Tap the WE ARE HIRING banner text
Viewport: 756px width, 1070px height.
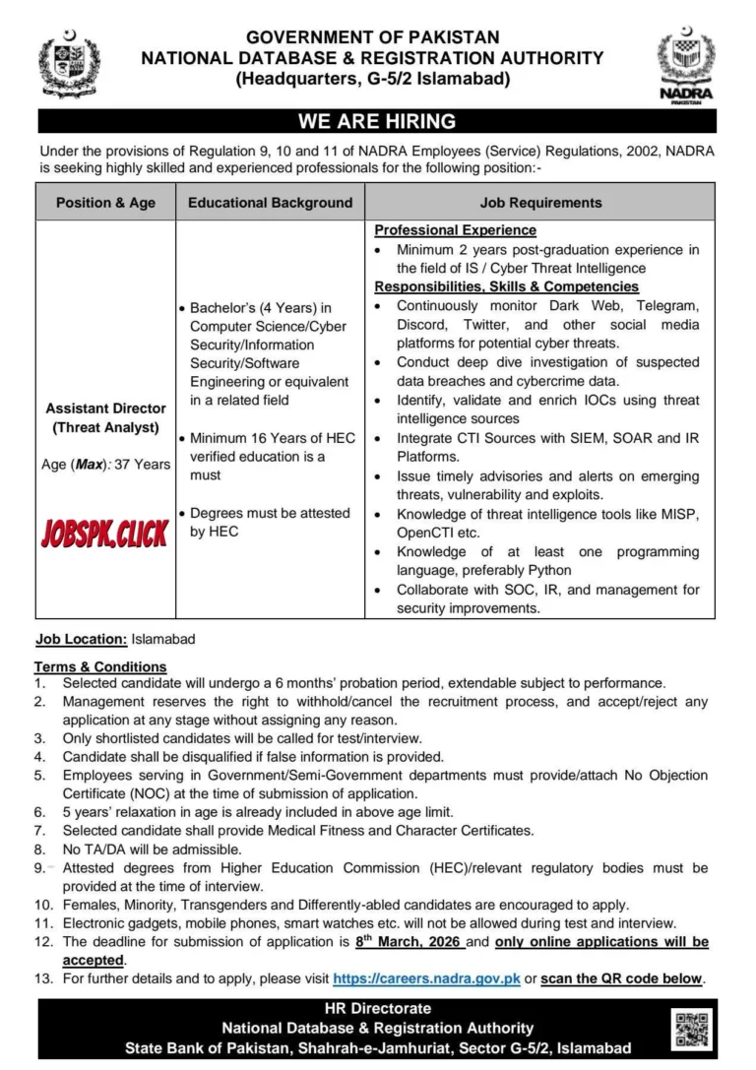377,122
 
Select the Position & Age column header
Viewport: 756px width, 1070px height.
105,203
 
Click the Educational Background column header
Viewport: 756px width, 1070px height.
270,203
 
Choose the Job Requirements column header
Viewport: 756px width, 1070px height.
540,203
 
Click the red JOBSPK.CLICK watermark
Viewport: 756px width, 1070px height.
104,533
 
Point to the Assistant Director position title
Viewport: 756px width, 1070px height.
105,408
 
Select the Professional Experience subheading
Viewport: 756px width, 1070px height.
455,230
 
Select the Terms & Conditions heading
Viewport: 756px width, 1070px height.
101,666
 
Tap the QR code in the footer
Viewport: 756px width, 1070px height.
693,1029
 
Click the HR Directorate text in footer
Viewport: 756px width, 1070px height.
377,1009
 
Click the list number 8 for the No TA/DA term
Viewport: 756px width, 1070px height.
40,848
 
